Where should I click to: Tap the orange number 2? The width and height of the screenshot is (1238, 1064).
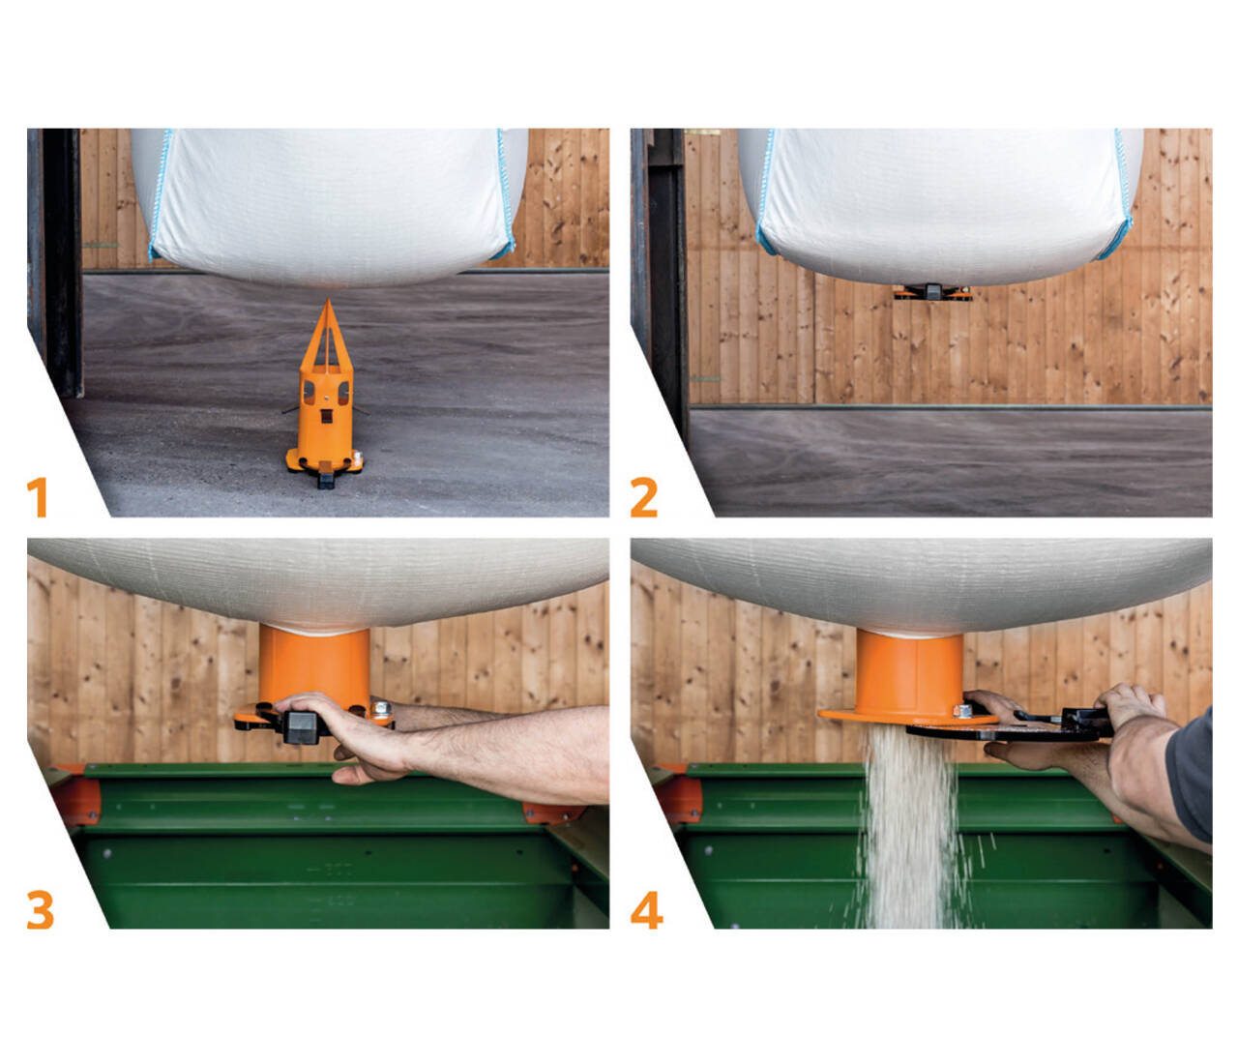[644, 498]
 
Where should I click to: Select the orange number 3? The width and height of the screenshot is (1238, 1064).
[40, 909]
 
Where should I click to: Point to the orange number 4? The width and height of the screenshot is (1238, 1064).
[646, 909]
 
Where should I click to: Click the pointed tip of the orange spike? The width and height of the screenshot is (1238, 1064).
[328, 299]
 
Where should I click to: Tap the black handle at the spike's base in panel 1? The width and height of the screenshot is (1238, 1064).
[326, 479]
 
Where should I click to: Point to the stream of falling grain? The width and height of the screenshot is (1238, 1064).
[909, 827]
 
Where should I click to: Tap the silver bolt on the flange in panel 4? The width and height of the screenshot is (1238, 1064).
[962, 711]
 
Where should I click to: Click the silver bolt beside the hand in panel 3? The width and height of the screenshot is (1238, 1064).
[380, 709]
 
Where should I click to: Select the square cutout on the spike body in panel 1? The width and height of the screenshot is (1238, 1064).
[326, 415]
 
